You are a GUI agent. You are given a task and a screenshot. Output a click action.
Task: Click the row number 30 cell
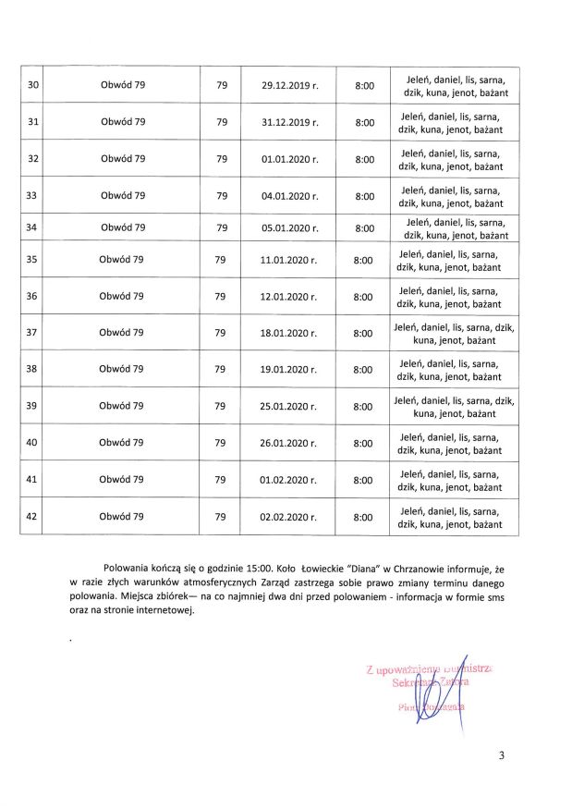coord(33,85)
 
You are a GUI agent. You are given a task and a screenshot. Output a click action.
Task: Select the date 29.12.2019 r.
coord(289,85)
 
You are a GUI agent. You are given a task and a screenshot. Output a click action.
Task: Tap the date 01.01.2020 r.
coord(289,159)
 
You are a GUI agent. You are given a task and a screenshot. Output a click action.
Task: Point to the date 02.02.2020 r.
coord(288,518)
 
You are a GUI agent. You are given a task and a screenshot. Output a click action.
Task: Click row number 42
coord(32,518)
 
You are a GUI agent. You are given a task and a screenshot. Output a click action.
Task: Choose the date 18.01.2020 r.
coord(288,333)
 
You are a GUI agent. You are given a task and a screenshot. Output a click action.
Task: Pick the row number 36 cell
coord(32,297)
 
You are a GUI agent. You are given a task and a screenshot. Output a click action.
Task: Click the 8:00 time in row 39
coord(364,406)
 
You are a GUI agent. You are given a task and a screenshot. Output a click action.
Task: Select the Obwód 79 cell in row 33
coord(123,196)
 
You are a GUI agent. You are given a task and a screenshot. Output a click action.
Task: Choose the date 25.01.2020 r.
coord(288,406)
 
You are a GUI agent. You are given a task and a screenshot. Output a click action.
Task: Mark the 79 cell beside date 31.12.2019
coord(221,122)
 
